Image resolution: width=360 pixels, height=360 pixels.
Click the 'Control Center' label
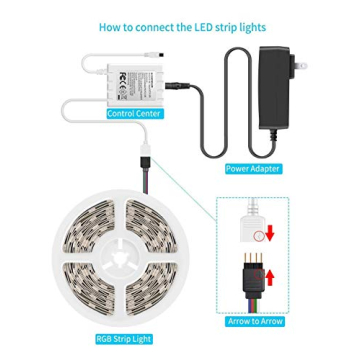tap(133, 114)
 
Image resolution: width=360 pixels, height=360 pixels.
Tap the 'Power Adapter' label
tap(252, 169)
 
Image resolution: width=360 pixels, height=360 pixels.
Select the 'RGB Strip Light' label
tap(123, 339)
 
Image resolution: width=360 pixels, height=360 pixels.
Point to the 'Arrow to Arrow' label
tap(255, 321)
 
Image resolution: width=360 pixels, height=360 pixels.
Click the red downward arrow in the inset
tap(269, 235)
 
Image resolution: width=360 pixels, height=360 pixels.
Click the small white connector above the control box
tap(147, 47)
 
